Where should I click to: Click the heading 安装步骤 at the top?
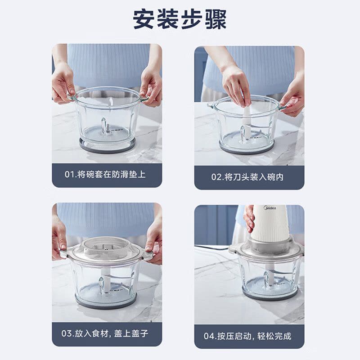pos(180,19)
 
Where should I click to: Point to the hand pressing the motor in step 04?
pos(249,218)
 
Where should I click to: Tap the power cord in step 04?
pos(214,247)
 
